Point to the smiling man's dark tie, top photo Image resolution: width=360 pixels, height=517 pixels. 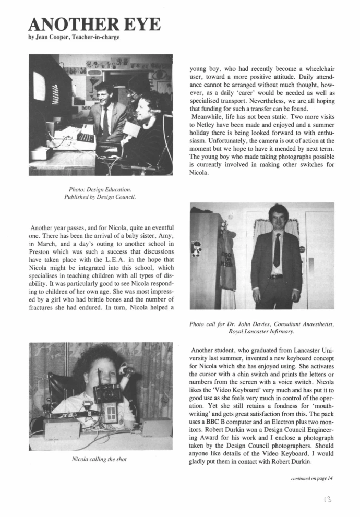tap(105, 122)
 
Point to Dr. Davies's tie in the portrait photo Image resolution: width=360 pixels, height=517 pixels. tap(277, 250)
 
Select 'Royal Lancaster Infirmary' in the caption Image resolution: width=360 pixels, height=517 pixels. tap(261, 331)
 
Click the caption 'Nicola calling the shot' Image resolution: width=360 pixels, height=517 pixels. tap(101, 459)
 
